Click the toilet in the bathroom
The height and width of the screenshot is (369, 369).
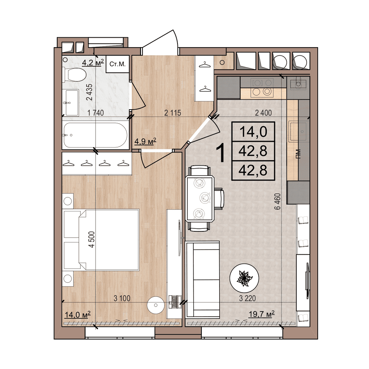click(75, 75)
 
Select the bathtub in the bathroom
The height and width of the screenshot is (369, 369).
click(96, 135)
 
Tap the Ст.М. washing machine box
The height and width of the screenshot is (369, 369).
click(117, 65)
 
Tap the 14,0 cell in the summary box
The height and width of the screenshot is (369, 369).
click(253, 131)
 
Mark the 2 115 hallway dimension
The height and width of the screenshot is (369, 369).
click(172, 113)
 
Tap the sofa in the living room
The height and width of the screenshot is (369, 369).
click(203, 279)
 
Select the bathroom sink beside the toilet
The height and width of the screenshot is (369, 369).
click(70, 102)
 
